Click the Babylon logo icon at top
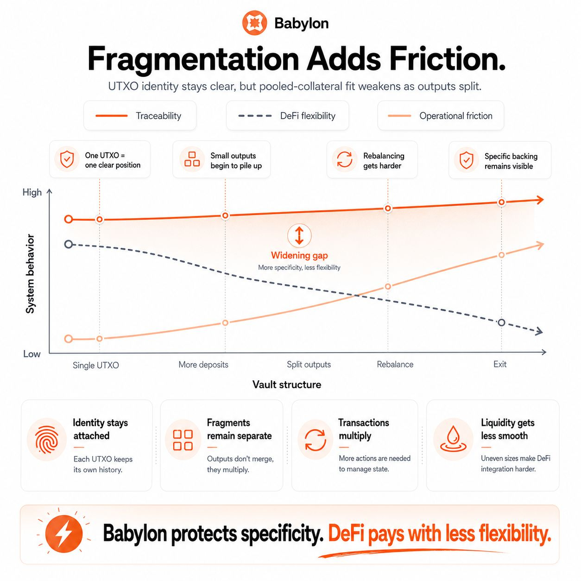[x=254, y=23]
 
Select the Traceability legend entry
[x=139, y=116]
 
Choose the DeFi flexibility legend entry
[x=287, y=116]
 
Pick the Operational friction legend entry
[x=440, y=116]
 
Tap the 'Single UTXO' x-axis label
[x=95, y=365]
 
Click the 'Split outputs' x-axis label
[x=309, y=365]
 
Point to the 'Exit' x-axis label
[x=499, y=364]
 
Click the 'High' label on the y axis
[x=32, y=192]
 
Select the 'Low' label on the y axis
[x=32, y=354]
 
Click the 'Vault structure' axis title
[x=286, y=385]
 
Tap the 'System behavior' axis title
[x=30, y=274]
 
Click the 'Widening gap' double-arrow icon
[x=299, y=235]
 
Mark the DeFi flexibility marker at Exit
[x=501, y=322]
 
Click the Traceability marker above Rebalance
[x=388, y=208]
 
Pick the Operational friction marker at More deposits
[x=225, y=322]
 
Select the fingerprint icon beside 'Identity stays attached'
[x=46, y=439]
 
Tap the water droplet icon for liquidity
[x=453, y=439]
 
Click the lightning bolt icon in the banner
[x=63, y=534]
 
